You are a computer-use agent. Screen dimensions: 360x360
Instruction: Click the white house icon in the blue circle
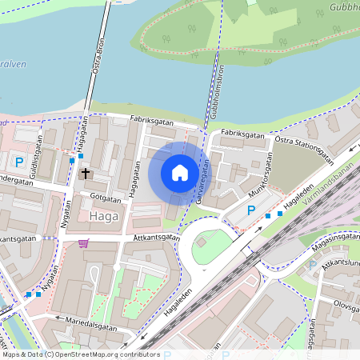(x=180, y=172)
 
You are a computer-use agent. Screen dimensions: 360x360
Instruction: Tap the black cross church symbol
(x=86, y=173)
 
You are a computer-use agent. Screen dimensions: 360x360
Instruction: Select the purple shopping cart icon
(x=83, y=243)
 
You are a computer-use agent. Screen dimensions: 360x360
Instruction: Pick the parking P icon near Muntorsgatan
(x=251, y=211)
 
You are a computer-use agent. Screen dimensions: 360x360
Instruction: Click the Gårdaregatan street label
(x=202, y=181)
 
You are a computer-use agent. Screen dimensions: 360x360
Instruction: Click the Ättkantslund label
(x=339, y=268)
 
